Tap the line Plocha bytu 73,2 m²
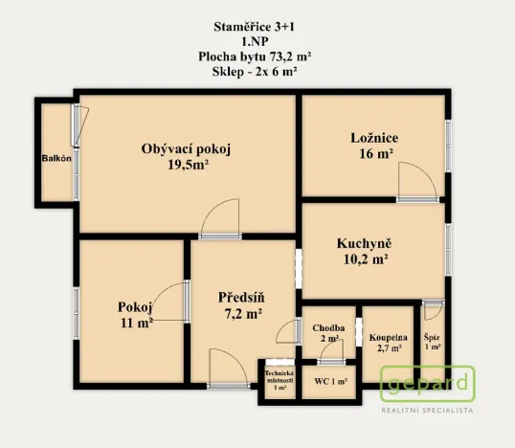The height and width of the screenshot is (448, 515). tap(256, 56)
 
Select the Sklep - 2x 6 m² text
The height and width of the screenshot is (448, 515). tap(256, 72)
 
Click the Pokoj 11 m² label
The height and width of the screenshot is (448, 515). tap(135, 315)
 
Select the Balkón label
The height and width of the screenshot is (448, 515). tap(56, 159)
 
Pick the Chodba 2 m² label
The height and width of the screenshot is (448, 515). tap(328, 333)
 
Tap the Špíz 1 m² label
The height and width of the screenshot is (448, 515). tap(433, 341)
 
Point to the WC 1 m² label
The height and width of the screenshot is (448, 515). tap(330, 382)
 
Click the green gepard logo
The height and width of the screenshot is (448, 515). tap(428, 384)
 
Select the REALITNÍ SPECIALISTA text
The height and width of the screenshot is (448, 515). tap(428, 410)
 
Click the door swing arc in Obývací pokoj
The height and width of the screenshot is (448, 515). tap(221, 215)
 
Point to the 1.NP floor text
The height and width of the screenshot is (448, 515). tap(256, 41)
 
